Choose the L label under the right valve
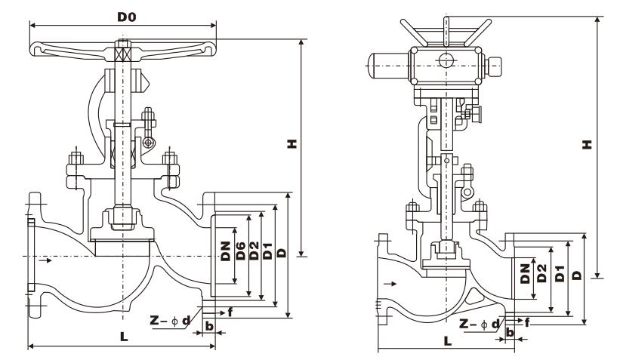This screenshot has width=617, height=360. click(x=447, y=341)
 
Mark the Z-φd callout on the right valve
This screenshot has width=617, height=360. click(x=483, y=325)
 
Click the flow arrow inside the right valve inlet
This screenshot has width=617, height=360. click(x=390, y=285)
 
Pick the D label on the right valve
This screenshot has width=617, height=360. click(x=576, y=277)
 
